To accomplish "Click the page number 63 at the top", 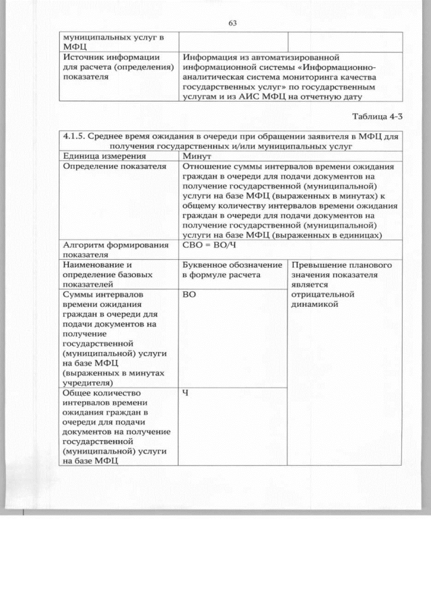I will point(232,23).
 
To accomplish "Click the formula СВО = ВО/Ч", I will point(210,246).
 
